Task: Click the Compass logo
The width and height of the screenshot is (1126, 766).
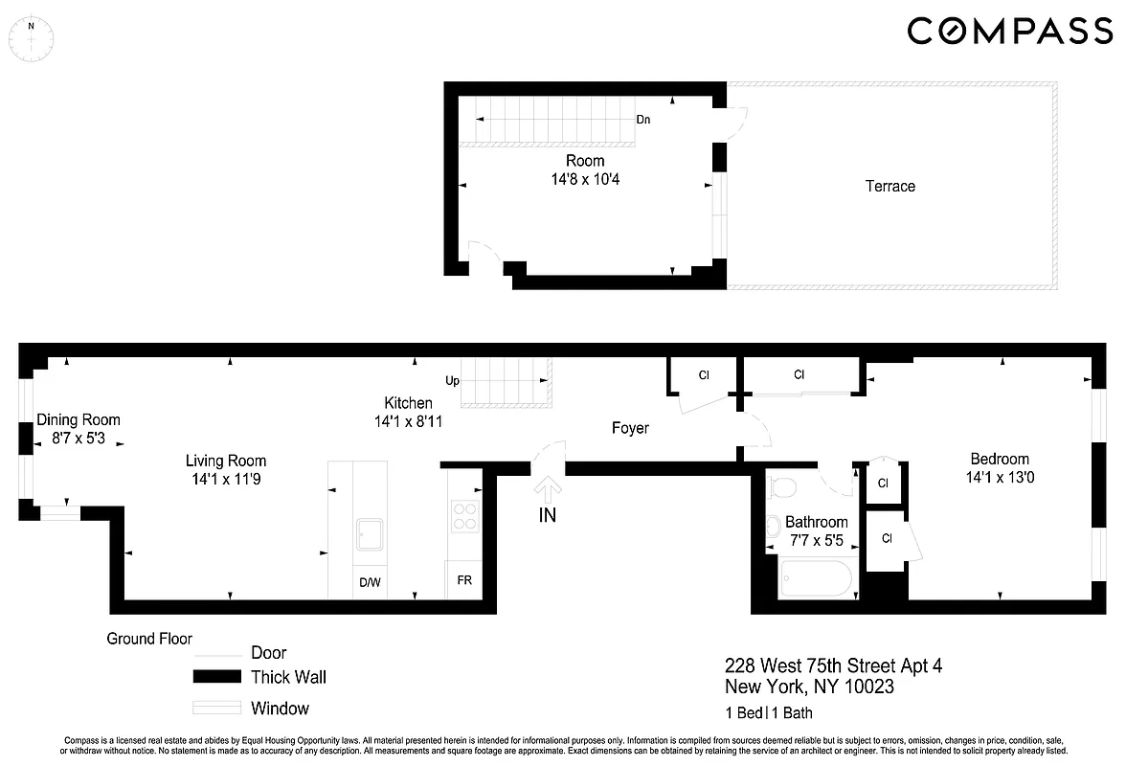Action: point(1010,32)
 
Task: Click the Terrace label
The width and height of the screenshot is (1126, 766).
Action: point(890,186)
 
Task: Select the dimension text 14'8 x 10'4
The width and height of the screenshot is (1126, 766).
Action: point(584,178)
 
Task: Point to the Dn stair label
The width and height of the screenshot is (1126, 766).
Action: point(644,120)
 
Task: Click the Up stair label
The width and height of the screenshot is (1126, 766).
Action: point(453,380)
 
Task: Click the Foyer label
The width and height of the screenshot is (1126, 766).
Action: point(630,428)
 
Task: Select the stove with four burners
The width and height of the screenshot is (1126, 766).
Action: point(464,517)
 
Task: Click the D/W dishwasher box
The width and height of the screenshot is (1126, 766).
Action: point(370,582)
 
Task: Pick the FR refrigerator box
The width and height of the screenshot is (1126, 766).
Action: point(464,581)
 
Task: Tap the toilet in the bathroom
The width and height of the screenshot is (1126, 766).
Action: point(782,486)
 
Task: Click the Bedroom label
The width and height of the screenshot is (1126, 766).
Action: point(999,459)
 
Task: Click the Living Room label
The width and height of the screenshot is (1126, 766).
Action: point(226,461)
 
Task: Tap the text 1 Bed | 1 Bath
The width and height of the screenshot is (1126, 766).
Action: point(768,712)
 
